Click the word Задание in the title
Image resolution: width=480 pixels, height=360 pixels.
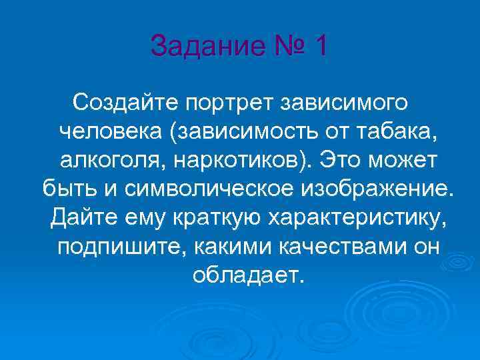[x=199, y=47]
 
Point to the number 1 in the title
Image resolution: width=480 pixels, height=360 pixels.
[x=321, y=47]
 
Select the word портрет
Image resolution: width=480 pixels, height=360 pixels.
[x=227, y=103]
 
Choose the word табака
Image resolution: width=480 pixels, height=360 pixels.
[x=404, y=131]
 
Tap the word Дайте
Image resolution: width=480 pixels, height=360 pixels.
[x=81, y=217]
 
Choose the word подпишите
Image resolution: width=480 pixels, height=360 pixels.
[x=121, y=246]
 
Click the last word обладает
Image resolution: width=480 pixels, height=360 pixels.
[x=247, y=275]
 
